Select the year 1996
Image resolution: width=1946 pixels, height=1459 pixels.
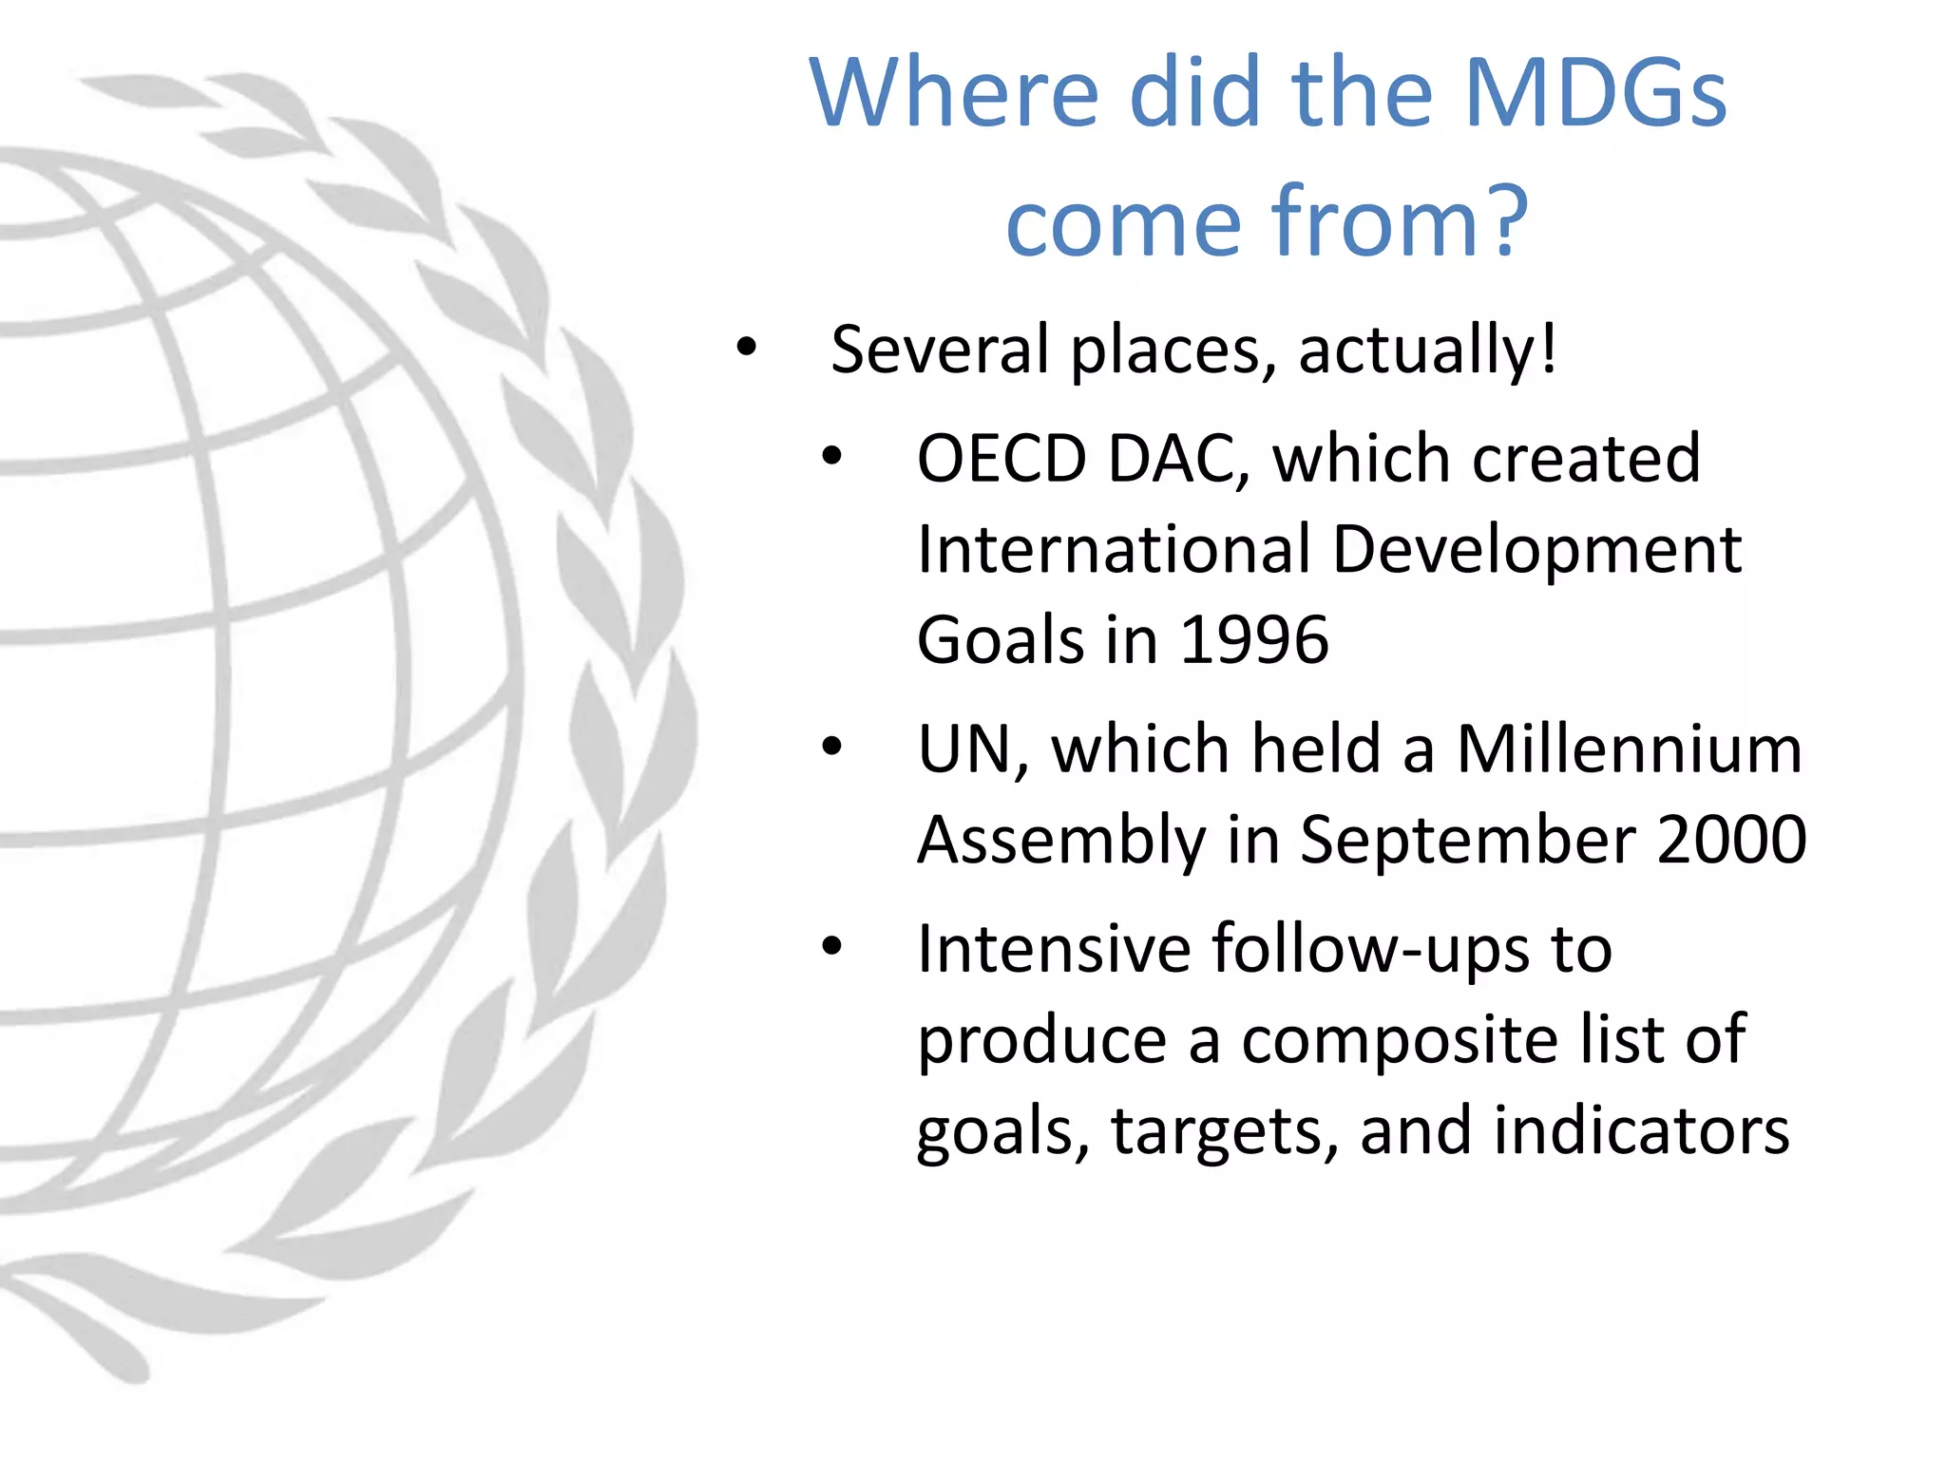1253,639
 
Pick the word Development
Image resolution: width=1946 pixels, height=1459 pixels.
1536,551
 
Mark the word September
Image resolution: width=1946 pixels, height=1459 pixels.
1467,841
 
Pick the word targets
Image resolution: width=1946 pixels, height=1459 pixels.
1225,1132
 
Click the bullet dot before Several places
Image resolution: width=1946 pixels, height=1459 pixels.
747,348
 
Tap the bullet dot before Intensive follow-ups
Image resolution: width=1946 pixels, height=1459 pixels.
832,946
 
